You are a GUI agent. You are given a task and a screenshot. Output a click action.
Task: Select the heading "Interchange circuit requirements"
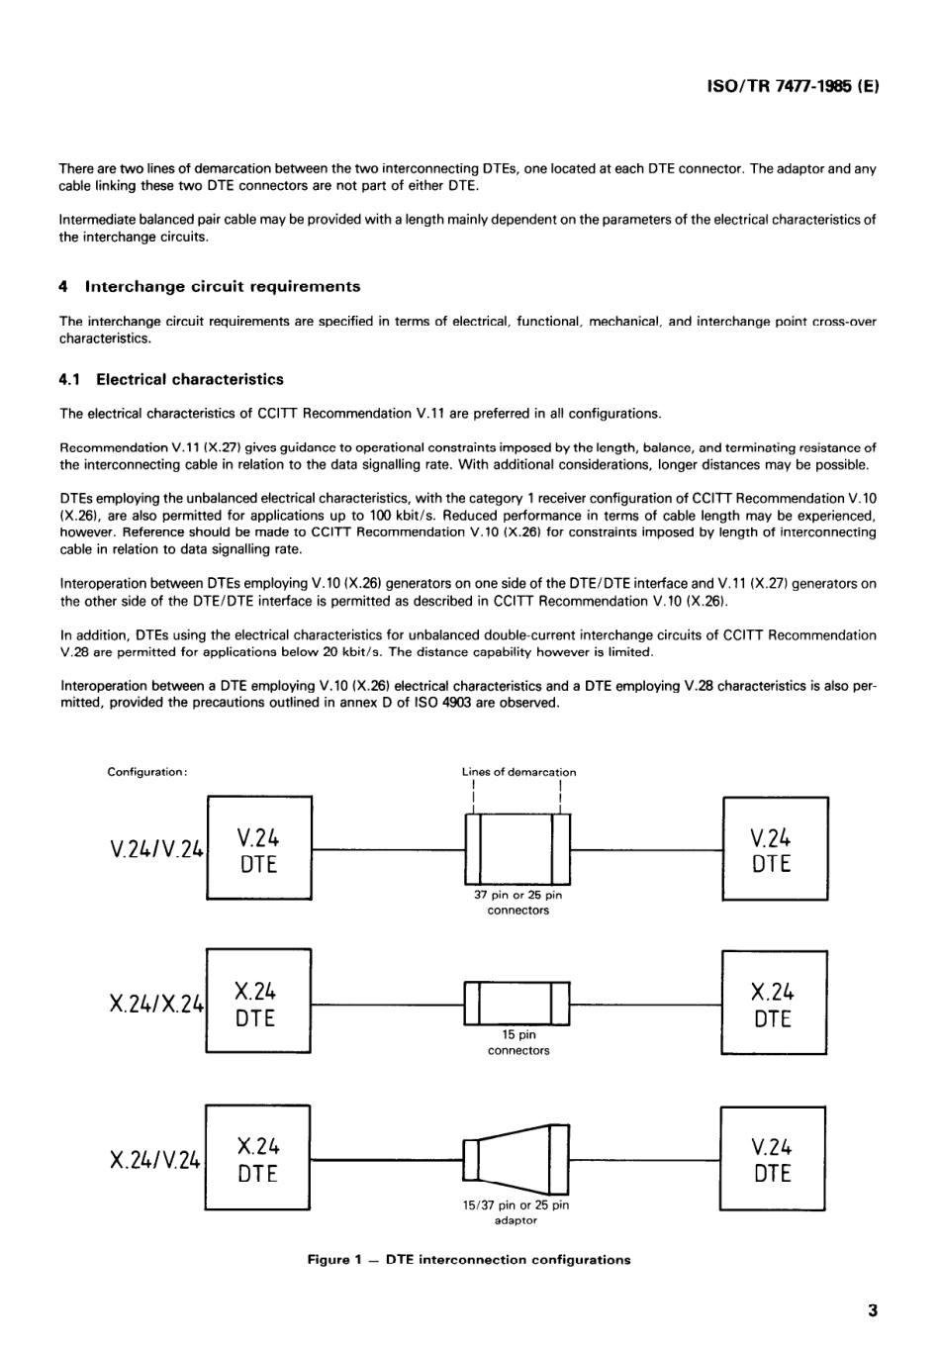(x=223, y=287)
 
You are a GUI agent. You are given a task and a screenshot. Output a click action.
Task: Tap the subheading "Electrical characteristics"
(x=189, y=379)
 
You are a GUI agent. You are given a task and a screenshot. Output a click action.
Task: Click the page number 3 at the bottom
(x=872, y=1312)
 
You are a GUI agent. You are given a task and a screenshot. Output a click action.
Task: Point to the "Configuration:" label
(x=147, y=772)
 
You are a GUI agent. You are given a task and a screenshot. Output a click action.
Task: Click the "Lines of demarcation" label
(x=518, y=772)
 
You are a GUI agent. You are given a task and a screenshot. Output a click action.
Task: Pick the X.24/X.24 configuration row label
(x=156, y=1004)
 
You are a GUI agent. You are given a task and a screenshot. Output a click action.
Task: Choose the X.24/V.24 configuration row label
(x=156, y=1159)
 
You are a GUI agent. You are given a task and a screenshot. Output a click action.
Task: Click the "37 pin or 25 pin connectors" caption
(x=517, y=903)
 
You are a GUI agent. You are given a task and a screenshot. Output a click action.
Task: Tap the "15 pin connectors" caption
(x=517, y=1043)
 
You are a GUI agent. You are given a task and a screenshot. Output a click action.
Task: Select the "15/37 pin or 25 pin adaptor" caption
(x=516, y=1212)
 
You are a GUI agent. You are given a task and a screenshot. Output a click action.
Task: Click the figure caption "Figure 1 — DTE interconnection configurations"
(x=469, y=1260)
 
